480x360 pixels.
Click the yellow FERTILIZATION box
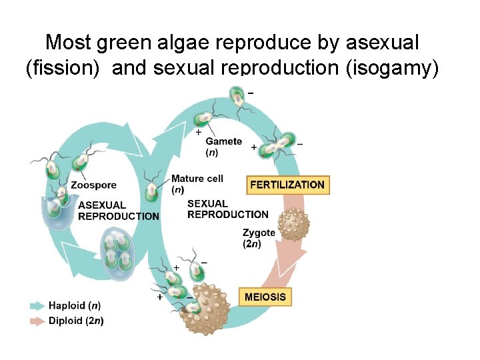pos(288,185)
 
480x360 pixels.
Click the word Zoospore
pos(93,185)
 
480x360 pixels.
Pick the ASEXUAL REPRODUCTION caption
pos(118,211)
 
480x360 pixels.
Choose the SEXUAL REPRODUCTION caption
pos(227,209)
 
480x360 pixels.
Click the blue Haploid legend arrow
pos(37,306)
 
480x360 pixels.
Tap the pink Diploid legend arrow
pos(37,321)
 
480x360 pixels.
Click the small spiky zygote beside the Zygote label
pos(293,223)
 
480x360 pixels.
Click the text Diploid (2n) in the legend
pos(76,321)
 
